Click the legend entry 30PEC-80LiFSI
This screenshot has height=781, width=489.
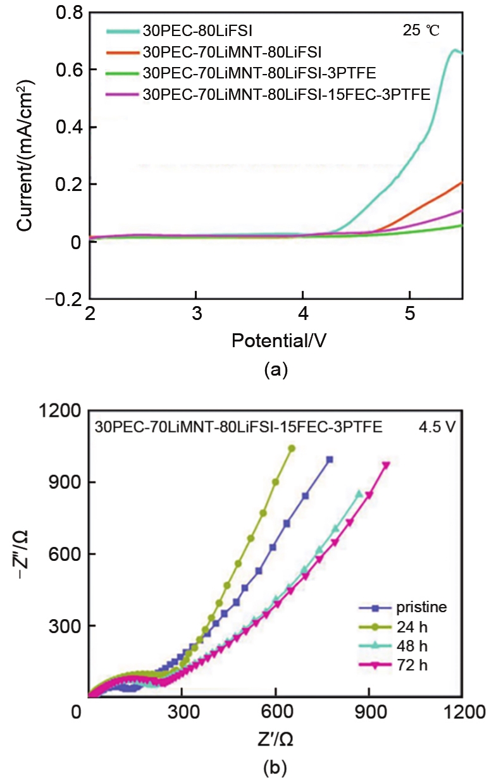tap(183, 29)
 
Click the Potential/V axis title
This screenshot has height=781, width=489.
tap(279, 341)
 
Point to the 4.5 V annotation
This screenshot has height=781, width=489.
tap(440, 427)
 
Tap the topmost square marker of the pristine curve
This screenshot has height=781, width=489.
tap(330, 460)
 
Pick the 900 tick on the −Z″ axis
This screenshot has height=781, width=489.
tap(66, 482)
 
